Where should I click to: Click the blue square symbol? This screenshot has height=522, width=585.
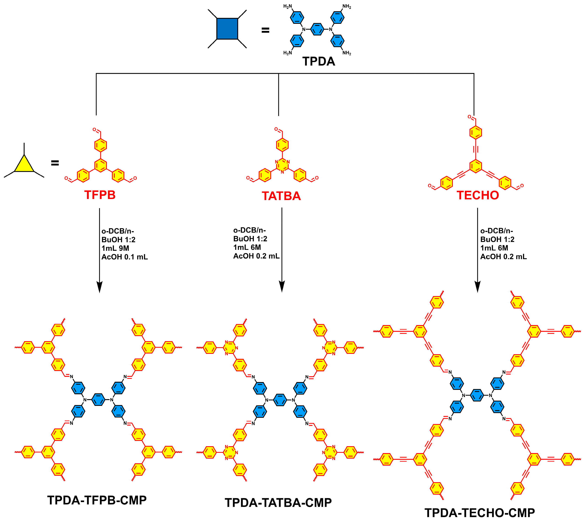227,29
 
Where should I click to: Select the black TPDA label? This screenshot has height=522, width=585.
319,61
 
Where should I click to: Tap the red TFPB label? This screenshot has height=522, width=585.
100,195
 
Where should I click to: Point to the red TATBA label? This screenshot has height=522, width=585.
281,196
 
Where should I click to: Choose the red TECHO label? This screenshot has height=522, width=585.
478,195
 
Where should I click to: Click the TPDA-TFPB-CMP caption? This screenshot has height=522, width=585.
97,500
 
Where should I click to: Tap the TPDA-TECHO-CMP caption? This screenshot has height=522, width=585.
479,513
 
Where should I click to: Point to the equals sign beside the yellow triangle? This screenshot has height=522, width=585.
55,163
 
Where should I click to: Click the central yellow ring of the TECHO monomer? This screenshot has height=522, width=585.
476,166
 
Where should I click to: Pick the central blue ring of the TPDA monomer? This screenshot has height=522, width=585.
317,29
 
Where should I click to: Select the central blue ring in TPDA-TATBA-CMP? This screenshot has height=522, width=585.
280,400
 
